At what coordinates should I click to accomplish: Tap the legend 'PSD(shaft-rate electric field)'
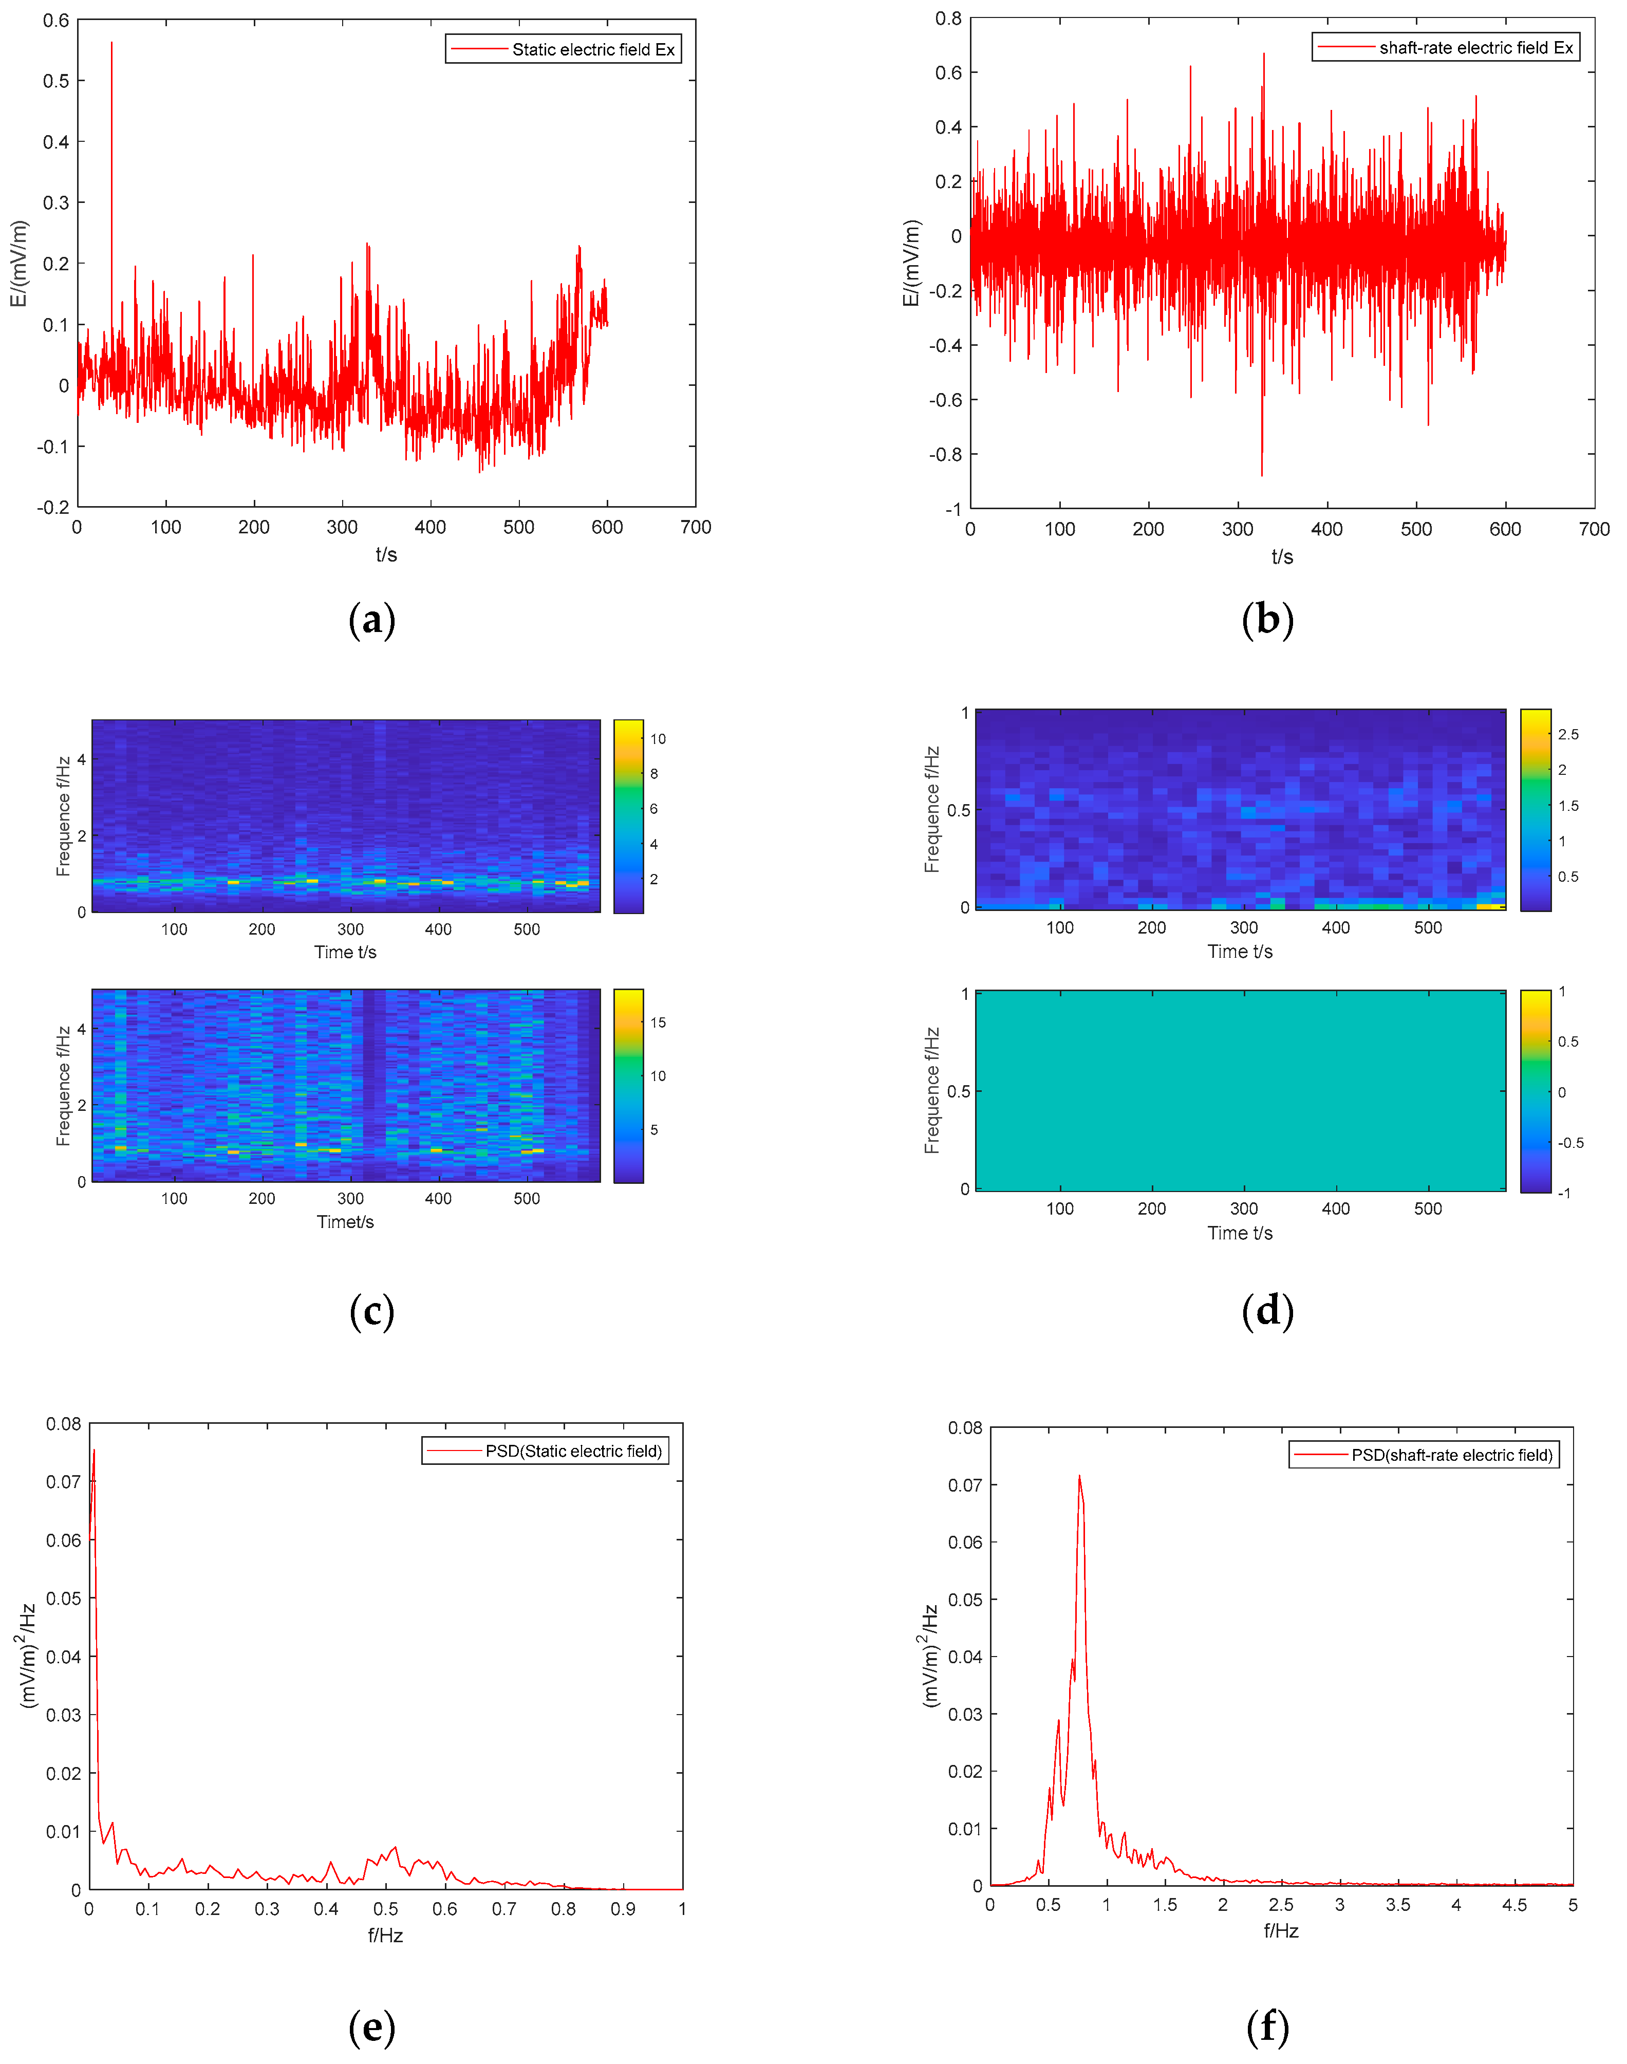pos(1452,1455)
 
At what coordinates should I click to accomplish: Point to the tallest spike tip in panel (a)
pos(111,43)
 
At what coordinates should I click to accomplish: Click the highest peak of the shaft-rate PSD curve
pos(1079,1476)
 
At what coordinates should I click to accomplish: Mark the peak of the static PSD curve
pos(93,1449)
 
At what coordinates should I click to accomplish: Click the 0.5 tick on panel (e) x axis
pos(386,1909)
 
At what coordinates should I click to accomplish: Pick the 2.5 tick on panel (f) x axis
pos(1281,1905)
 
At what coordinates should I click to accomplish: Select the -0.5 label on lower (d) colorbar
pos(1570,1143)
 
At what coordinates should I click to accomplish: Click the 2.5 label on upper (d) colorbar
pos(1568,734)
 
